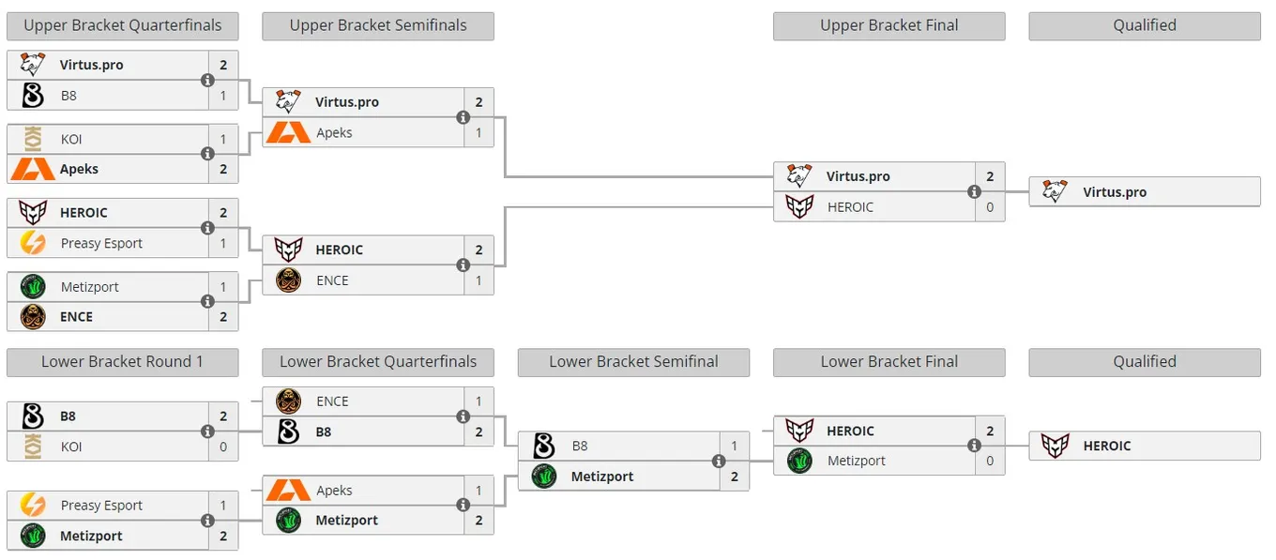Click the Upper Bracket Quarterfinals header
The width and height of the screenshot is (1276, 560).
123,25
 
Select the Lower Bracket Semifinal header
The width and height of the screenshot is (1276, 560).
633,362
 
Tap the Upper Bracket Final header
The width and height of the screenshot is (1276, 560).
889,25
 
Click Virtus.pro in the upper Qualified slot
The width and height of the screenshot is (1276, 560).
1115,192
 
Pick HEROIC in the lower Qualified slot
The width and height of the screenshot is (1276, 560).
1107,446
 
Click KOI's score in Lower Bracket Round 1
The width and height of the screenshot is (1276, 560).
223,446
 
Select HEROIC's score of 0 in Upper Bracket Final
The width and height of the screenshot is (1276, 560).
990,206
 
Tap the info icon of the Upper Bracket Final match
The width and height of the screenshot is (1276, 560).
975,191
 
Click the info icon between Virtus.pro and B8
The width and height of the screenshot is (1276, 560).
208,81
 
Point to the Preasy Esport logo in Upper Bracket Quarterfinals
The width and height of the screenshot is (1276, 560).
33,243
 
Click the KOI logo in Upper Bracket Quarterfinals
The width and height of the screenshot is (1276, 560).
33,139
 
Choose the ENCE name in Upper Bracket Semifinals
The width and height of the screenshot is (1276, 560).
332,280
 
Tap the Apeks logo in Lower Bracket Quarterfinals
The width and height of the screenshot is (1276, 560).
288,490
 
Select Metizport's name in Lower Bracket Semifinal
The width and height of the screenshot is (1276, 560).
602,477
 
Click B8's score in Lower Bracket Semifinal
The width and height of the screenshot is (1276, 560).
735,446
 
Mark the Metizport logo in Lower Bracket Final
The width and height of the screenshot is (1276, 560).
799,461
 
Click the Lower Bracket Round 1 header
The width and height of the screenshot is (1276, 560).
123,362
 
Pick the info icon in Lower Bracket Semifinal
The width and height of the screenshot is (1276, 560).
719,461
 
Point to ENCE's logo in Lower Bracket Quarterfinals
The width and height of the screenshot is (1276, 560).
288,401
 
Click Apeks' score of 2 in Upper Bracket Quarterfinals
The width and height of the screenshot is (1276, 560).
223,169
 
